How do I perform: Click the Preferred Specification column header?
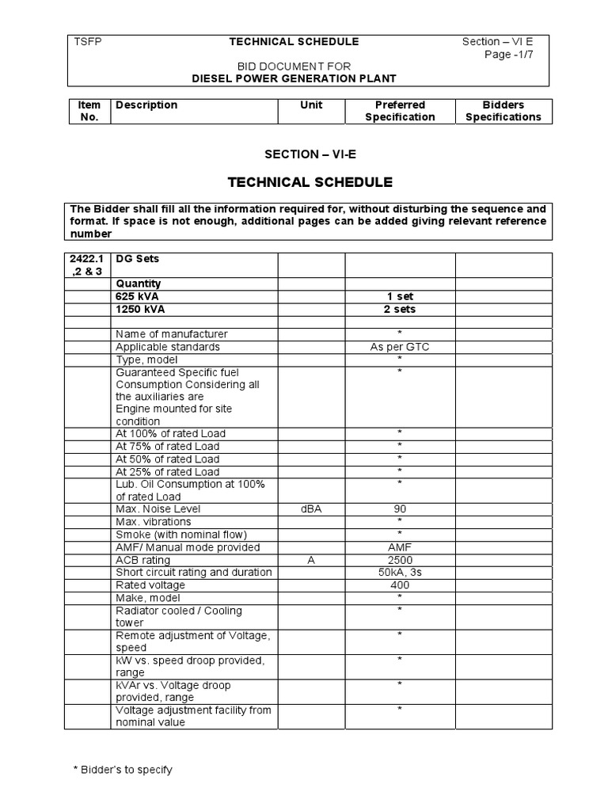(400, 111)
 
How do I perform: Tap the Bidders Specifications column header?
(503, 111)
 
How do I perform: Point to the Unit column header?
(311, 105)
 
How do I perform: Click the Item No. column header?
(89, 111)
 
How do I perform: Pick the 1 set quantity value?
(400, 296)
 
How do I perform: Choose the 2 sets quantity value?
(400, 309)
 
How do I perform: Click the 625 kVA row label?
(137, 296)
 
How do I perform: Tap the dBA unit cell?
(311, 508)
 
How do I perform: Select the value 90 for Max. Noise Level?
(400, 508)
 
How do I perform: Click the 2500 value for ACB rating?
(400, 560)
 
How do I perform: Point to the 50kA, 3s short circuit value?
(400, 573)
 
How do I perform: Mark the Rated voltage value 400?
(400, 585)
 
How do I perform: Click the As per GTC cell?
(400, 347)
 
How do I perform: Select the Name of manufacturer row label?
(171, 334)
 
